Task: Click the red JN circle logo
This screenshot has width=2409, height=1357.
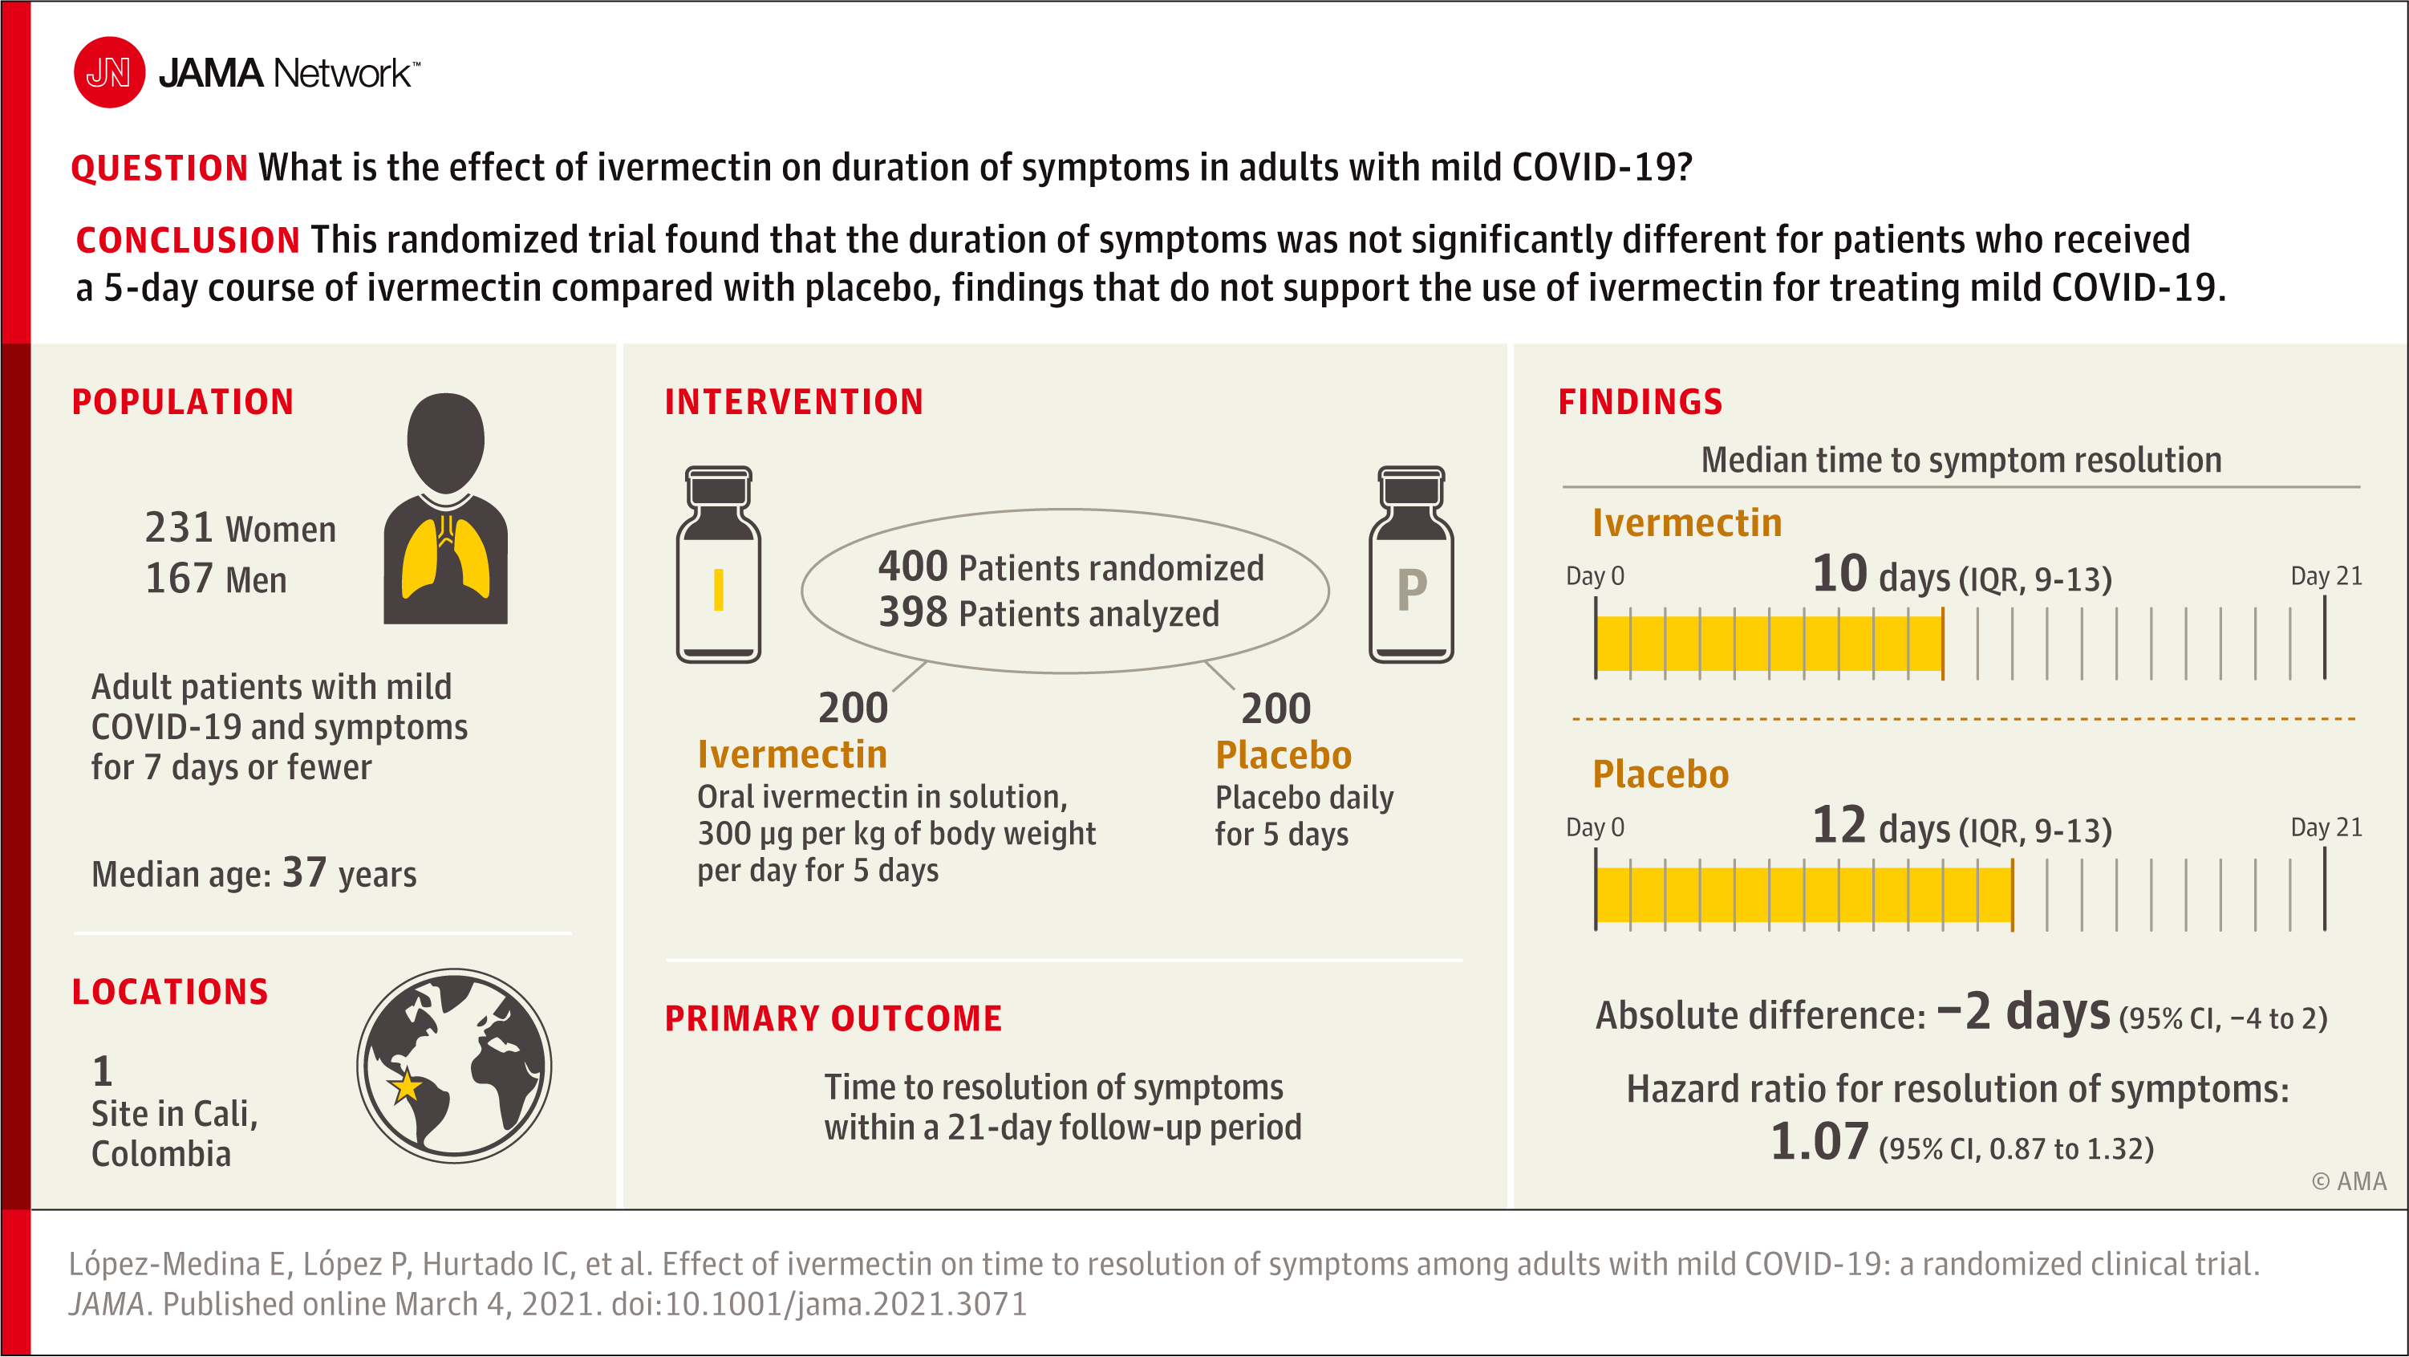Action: coord(109,72)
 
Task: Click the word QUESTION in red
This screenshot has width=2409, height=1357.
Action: coord(159,169)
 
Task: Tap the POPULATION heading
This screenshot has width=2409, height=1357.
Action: coord(183,402)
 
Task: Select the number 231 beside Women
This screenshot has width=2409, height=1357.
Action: coord(180,528)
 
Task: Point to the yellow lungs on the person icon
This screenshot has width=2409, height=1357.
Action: coord(445,559)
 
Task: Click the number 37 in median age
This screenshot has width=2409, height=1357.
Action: coord(304,872)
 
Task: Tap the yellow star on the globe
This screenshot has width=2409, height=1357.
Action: coord(406,1087)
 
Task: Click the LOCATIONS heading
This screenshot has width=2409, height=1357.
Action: coord(170,992)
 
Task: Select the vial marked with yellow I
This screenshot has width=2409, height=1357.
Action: coord(718,566)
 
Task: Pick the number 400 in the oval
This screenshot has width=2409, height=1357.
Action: coord(913,567)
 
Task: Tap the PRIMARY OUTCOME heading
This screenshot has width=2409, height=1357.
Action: coord(833,1018)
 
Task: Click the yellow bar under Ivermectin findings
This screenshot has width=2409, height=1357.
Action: coord(1767,644)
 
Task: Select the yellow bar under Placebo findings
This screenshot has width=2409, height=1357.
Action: coord(1803,895)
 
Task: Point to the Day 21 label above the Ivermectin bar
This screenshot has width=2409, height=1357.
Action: coord(2326,576)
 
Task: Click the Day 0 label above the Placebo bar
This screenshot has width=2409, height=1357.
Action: coord(1595,827)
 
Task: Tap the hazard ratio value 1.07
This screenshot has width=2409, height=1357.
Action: coord(1819,1143)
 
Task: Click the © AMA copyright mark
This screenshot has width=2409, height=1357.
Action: coord(2348,1181)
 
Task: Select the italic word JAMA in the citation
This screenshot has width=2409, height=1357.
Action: coord(107,1305)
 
